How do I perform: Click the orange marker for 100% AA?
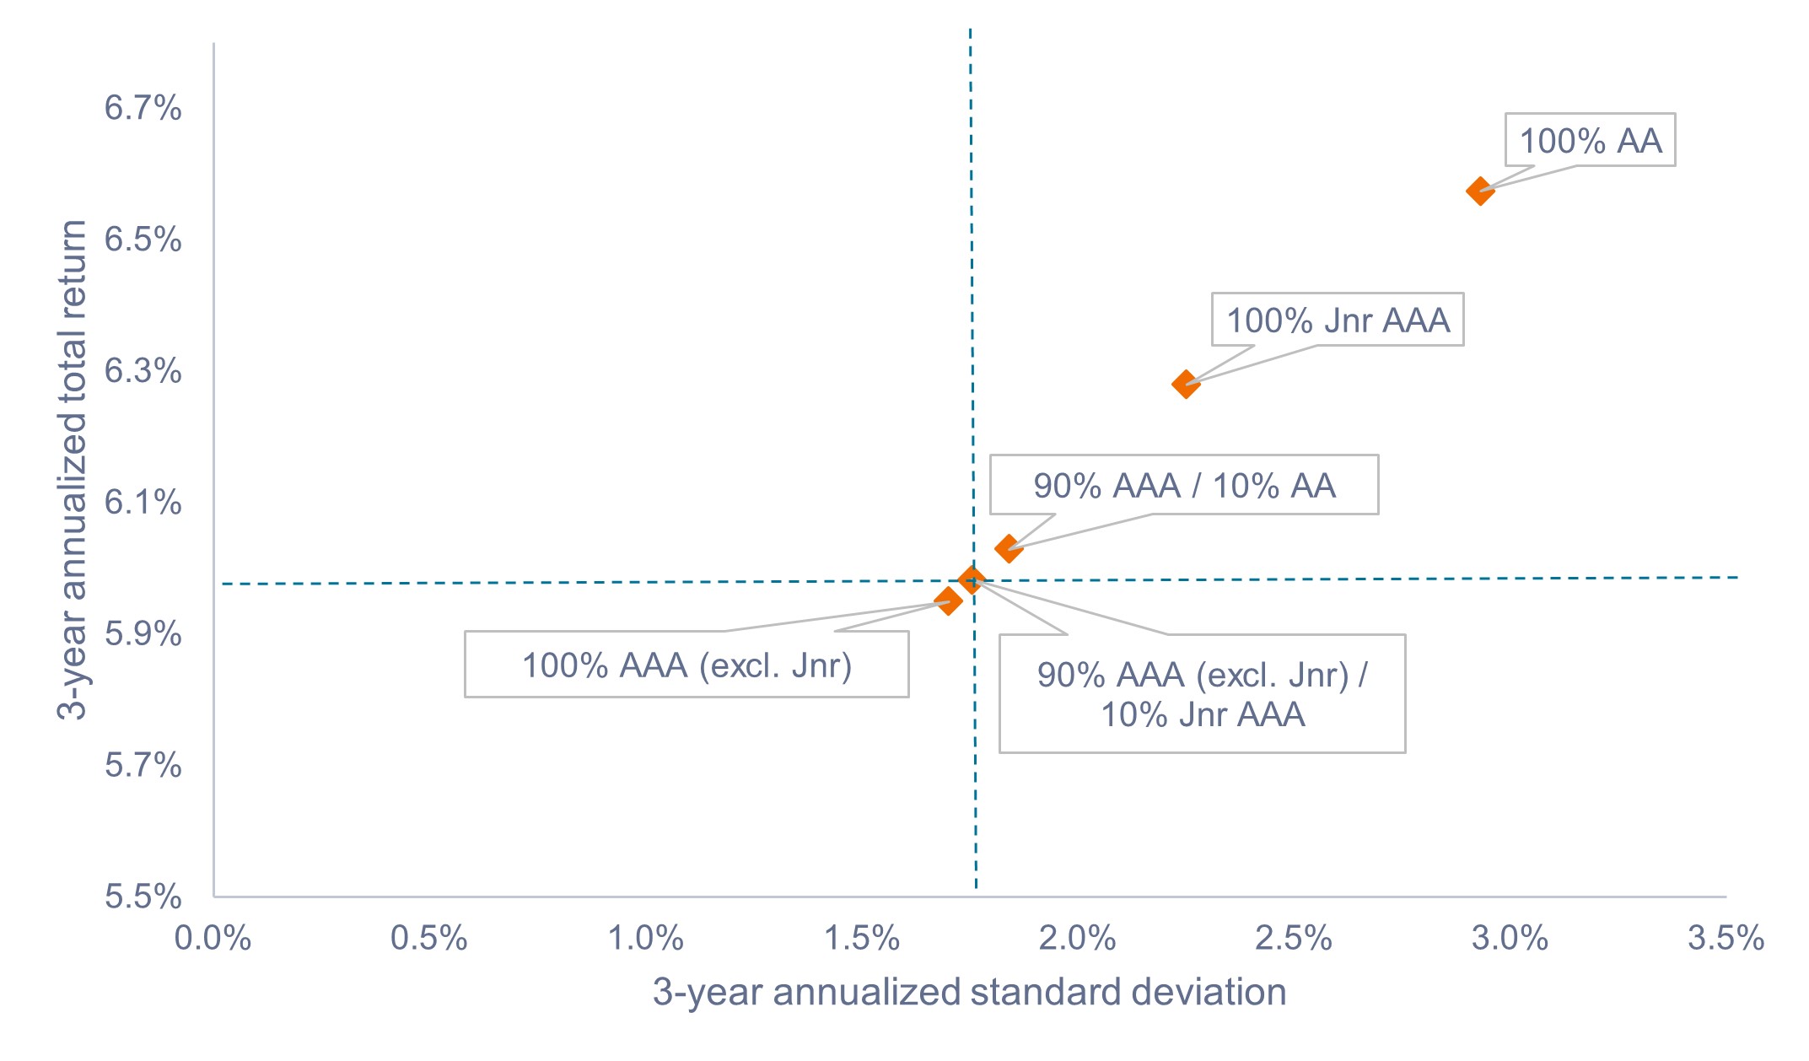coord(1479,191)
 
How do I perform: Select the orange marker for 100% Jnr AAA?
coord(1185,385)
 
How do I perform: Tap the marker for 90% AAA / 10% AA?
coord(1008,549)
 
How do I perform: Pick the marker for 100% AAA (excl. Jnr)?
coord(948,601)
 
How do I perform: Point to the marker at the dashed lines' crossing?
coord(972,579)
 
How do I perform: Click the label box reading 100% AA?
coord(1590,140)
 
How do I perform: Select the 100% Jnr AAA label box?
coord(1338,320)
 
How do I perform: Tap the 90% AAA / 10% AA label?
coord(1184,485)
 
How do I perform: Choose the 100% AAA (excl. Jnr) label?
coord(686,665)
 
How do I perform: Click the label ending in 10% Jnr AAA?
coord(1202,694)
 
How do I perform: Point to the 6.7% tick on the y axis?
coord(143,108)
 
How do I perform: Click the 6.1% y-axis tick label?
coord(143,503)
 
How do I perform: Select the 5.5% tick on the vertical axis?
coord(143,897)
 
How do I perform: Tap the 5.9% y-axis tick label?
coord(143,634)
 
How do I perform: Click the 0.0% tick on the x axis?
coord(213,938)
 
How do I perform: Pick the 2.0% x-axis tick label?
coord(1077,938)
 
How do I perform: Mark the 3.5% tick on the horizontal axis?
coord(1726,938)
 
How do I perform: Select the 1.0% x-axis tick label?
coord(645,938)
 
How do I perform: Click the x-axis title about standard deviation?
coord(969,992)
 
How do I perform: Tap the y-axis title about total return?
coord(73,469)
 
